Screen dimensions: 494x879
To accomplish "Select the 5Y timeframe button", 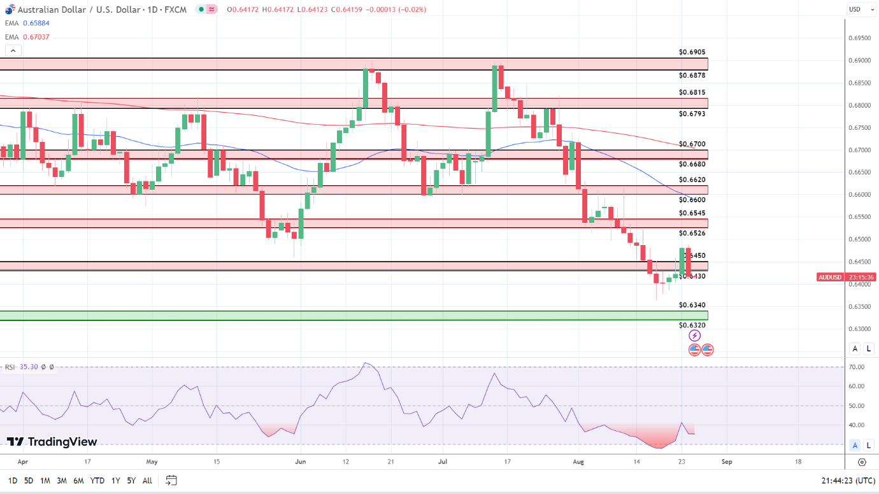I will click(x=131, y=481).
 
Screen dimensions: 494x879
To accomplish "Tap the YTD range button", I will click(x=97, y=481).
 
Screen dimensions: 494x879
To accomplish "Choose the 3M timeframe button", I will click(x=62, y=481).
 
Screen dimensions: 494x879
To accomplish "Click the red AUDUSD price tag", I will click(x=829, y=278).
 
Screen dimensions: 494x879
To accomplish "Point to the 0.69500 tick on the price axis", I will click(x=860, y=38).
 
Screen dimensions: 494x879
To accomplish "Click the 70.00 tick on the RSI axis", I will click(x=857, y=367).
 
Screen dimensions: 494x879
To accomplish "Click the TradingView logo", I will click(x=52, y=442).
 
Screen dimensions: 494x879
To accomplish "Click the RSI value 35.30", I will click(x=29, y=367).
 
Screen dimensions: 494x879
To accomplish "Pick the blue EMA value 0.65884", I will click(x=36, y=23).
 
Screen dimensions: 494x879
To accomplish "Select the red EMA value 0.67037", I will click(x=36, y=37).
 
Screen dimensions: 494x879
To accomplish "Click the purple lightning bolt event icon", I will click(x=695, y=335).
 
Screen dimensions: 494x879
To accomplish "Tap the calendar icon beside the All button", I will click(x=171, y=480).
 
